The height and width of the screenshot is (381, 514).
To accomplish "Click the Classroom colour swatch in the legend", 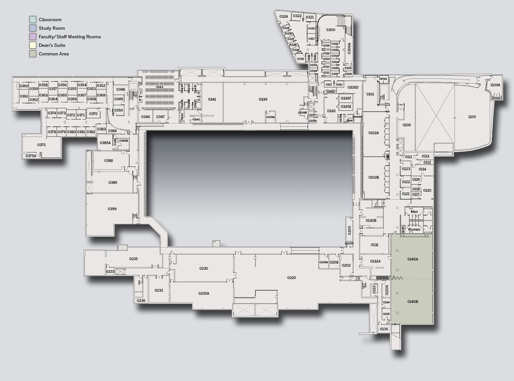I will click(x=33, y=20).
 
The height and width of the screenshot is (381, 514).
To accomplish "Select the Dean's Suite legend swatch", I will click(x=33, y=45).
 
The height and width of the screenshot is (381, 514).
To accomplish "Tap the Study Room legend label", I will click(x=52, y=28).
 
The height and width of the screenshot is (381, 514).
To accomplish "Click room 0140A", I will click(x=412, y=259).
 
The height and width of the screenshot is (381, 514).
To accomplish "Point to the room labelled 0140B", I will click(x=412, y=302).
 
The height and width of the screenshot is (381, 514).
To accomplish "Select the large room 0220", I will click(x=291, y=278).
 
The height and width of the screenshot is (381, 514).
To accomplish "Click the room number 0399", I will click(x=112, y=209).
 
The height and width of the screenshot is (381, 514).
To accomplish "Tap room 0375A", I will click(x=31, y=156).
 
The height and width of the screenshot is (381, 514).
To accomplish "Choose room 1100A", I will click(x=495, y=85).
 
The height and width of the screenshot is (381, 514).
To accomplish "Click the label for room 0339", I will click(x=263, y=99).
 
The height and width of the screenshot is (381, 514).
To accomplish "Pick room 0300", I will click(x=330, y=30).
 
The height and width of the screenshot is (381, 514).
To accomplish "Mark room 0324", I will click(x=284, y=16).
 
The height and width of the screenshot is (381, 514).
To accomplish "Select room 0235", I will click(x=133, y=259).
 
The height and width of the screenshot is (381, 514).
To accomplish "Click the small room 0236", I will click(x=141, y=301).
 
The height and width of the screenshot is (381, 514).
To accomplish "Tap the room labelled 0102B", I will click(x=373, y=177).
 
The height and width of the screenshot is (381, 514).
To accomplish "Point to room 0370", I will click(x=93, y=114).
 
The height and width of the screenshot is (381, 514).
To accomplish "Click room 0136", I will click(x=384, y=329).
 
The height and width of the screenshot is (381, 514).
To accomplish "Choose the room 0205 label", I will click(x=350, y=230).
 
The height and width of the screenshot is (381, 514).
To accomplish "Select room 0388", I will click(x=109, y=161).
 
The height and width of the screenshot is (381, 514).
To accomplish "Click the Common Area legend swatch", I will click(x=33, y=54).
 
